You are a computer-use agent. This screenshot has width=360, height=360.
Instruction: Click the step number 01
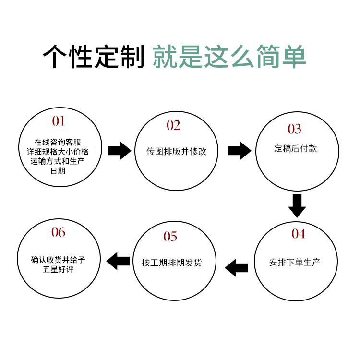click(x=58, y=120)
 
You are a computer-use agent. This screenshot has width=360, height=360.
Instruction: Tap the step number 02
click(x=173, y=126)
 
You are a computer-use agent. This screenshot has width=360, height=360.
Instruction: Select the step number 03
click(x=294, y=129)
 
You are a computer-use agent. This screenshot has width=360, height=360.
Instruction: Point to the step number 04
click(x=298, y=234)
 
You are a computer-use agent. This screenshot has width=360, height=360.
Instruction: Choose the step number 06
click(x=58, y=233)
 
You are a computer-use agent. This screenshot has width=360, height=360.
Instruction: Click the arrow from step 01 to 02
click(x=119, y=151)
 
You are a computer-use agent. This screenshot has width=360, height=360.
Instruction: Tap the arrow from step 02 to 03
click(x=239, y=151)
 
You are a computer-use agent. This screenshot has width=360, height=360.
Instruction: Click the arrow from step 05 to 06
click(x=118, y=262)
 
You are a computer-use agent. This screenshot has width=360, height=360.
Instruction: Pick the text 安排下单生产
click(x=295, y=263)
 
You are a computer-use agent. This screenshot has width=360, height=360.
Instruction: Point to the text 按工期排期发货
click(x=171, y=263)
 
